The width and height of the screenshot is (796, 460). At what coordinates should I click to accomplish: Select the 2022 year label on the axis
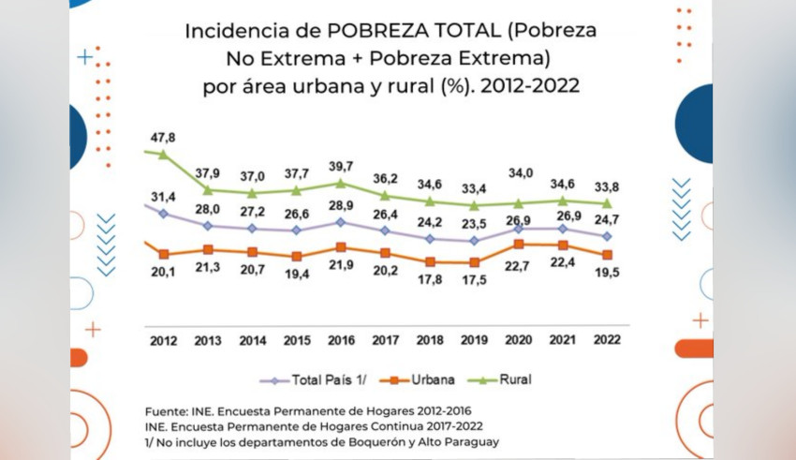(608, 341)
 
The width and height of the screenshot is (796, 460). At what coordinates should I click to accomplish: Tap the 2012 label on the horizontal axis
(163, 341)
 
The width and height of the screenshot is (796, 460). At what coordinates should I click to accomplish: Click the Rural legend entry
(513, 379)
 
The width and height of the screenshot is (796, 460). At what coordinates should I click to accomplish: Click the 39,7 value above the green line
(341, 166)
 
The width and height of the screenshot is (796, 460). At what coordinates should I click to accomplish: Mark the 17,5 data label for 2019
(474, 281)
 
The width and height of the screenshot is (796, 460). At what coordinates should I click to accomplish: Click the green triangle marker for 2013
(208, 190)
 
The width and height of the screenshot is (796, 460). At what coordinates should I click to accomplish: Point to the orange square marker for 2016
(341, 247)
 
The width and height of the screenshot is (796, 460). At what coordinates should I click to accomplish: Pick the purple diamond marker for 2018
(430, 239)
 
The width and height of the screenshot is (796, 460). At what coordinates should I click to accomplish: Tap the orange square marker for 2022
(608, 255)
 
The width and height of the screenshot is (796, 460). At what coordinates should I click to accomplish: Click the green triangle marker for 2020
(518, 202)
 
